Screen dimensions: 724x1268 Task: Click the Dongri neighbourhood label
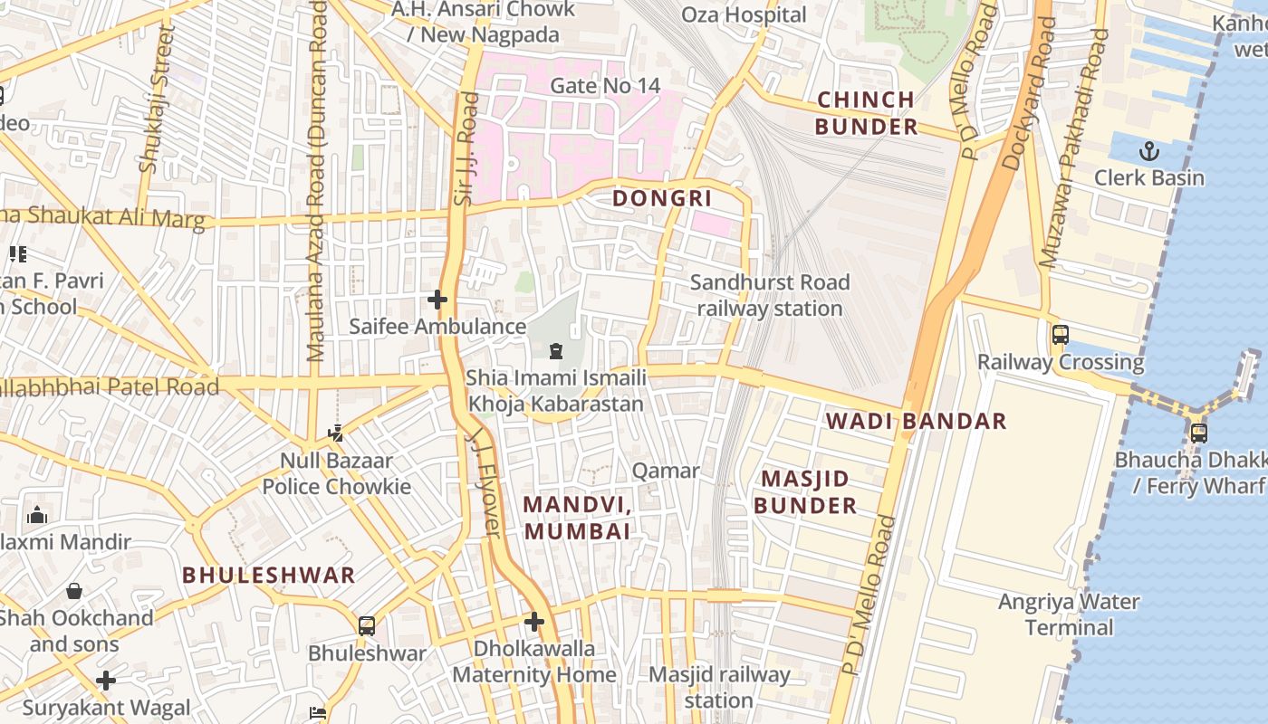[x=662, y=198]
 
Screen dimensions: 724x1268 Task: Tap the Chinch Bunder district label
[x=866, y=113]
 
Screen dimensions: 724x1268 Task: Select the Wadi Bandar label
[x=916, y=421]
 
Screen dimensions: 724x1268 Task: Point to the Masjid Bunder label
[x=805, y=491]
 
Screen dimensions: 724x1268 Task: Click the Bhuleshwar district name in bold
[x=268, y=575]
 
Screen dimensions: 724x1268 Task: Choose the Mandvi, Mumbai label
[x=577, y=518]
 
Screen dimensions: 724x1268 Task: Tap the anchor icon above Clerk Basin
[x=1149, y=150]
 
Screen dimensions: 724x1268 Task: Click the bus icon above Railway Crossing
[x=1061, y=335]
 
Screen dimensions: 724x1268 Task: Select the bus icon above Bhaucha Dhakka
[x=1199, y=433]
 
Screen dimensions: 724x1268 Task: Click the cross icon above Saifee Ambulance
[x=437, y=299]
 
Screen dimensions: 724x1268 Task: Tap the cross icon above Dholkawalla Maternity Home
[x=534, y=622]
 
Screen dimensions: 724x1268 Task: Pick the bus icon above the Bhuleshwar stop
[x=367, y=625]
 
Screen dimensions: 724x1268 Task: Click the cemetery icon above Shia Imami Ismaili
[x=556, y=350]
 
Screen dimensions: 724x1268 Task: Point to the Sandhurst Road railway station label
[x=770, y=295]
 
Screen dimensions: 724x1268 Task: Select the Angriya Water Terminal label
[x=1069, y=614]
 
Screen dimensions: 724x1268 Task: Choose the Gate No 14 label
[x=605, y=86]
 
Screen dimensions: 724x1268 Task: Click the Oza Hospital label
[x=743, y=14]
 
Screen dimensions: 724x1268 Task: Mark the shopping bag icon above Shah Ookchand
[x=74, y=591]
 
